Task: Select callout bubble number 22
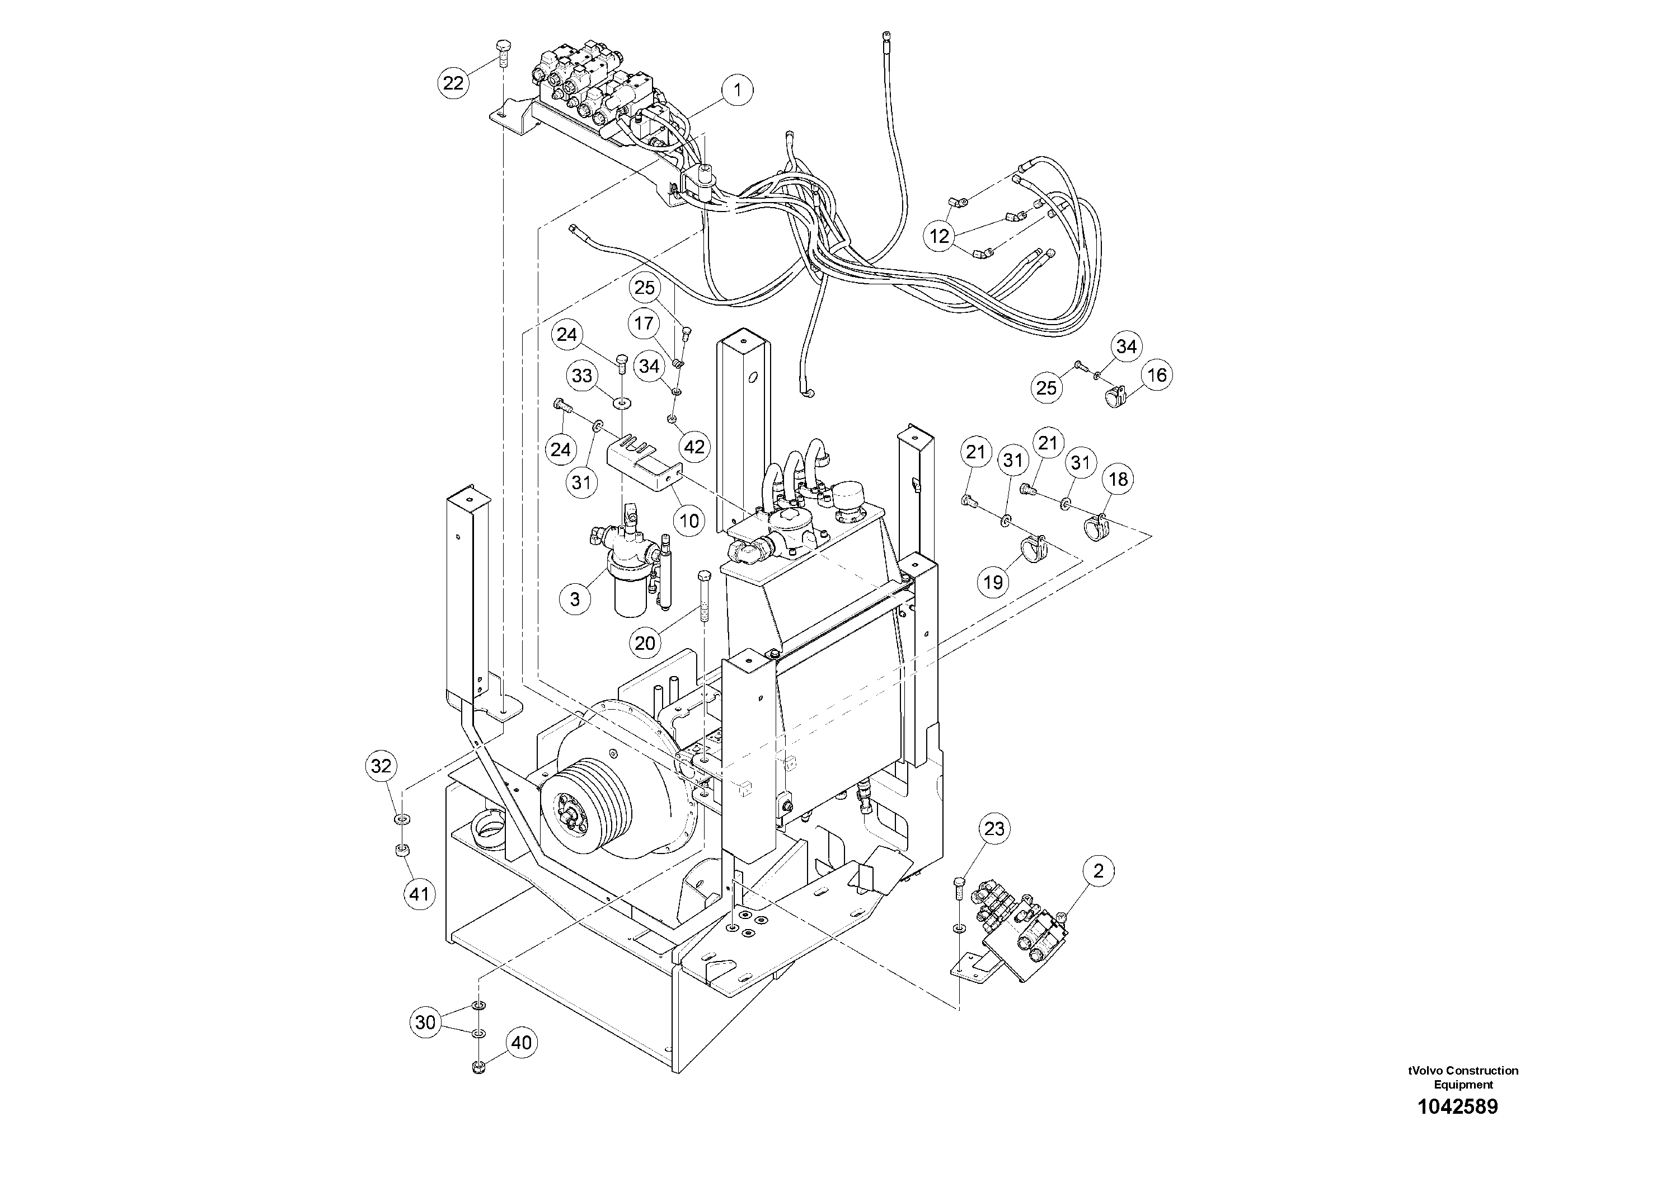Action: [453, 83]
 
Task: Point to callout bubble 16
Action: [1157, 374]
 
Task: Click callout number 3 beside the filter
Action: [575, 599]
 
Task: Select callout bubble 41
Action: [419, 894]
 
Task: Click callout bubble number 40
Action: [521, 1043]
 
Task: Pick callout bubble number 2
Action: [1098, 871]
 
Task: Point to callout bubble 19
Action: [993, 582]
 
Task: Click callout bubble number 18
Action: [1118, 479]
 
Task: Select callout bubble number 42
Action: [694, 447]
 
